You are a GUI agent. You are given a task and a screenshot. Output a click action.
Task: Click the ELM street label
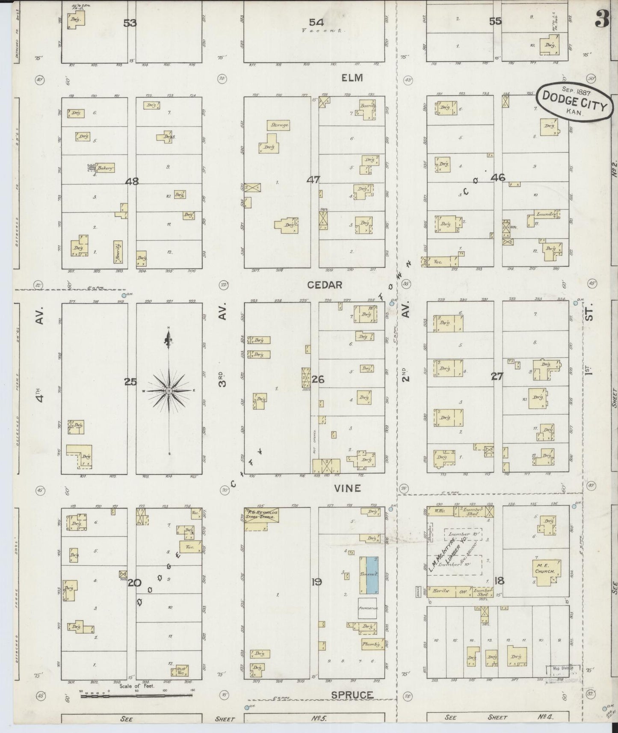352,78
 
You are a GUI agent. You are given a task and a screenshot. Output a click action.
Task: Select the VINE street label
348,488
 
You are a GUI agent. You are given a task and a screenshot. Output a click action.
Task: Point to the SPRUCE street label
352,695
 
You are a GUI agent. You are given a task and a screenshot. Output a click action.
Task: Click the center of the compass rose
169,391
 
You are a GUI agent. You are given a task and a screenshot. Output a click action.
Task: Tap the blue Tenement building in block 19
369,575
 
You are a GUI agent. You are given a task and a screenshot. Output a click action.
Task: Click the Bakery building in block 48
105,168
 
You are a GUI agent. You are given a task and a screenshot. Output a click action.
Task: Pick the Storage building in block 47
279,125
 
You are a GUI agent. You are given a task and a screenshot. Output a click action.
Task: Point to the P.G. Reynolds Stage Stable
262,515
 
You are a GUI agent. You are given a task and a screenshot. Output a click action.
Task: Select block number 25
130,382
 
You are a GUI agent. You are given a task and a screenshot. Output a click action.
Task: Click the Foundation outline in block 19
367,608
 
